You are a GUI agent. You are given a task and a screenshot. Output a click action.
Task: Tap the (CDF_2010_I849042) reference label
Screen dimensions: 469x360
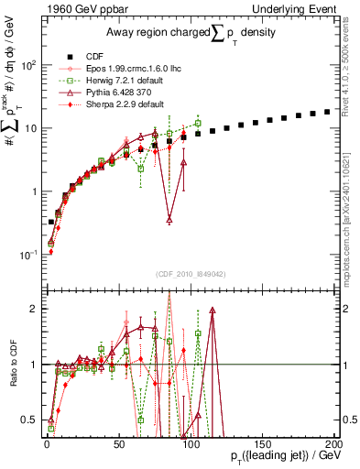click(x=191, y=271)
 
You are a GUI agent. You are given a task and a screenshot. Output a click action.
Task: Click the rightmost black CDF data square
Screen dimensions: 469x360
click(x=327, y=112)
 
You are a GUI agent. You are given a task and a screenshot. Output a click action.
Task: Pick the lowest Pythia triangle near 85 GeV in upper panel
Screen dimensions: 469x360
click(x=169, y=220)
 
